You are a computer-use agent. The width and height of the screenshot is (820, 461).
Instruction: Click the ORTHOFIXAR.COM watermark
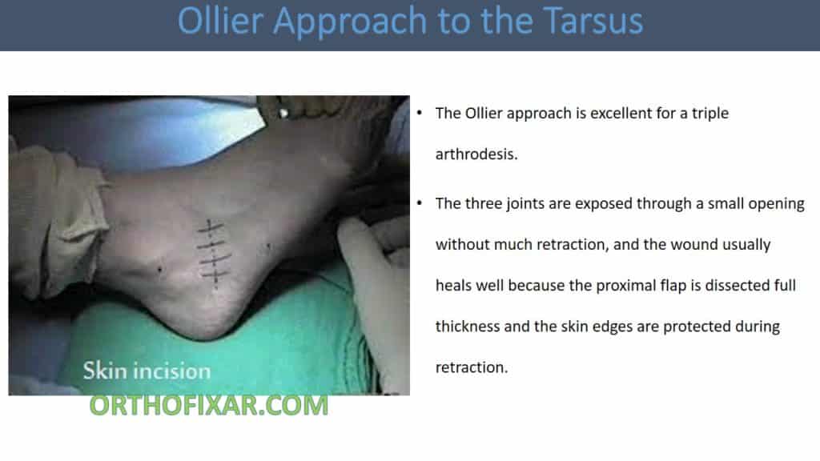click(x=208, y=405)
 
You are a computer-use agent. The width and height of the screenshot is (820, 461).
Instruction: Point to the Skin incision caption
click(x=147, y=371)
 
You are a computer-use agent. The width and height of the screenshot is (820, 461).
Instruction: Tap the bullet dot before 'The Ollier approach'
click(x=420, y=113)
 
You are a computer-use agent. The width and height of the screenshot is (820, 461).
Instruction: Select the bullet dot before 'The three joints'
click(x=420, y=203)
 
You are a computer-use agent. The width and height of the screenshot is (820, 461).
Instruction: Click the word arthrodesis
click(x=476, y=154)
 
